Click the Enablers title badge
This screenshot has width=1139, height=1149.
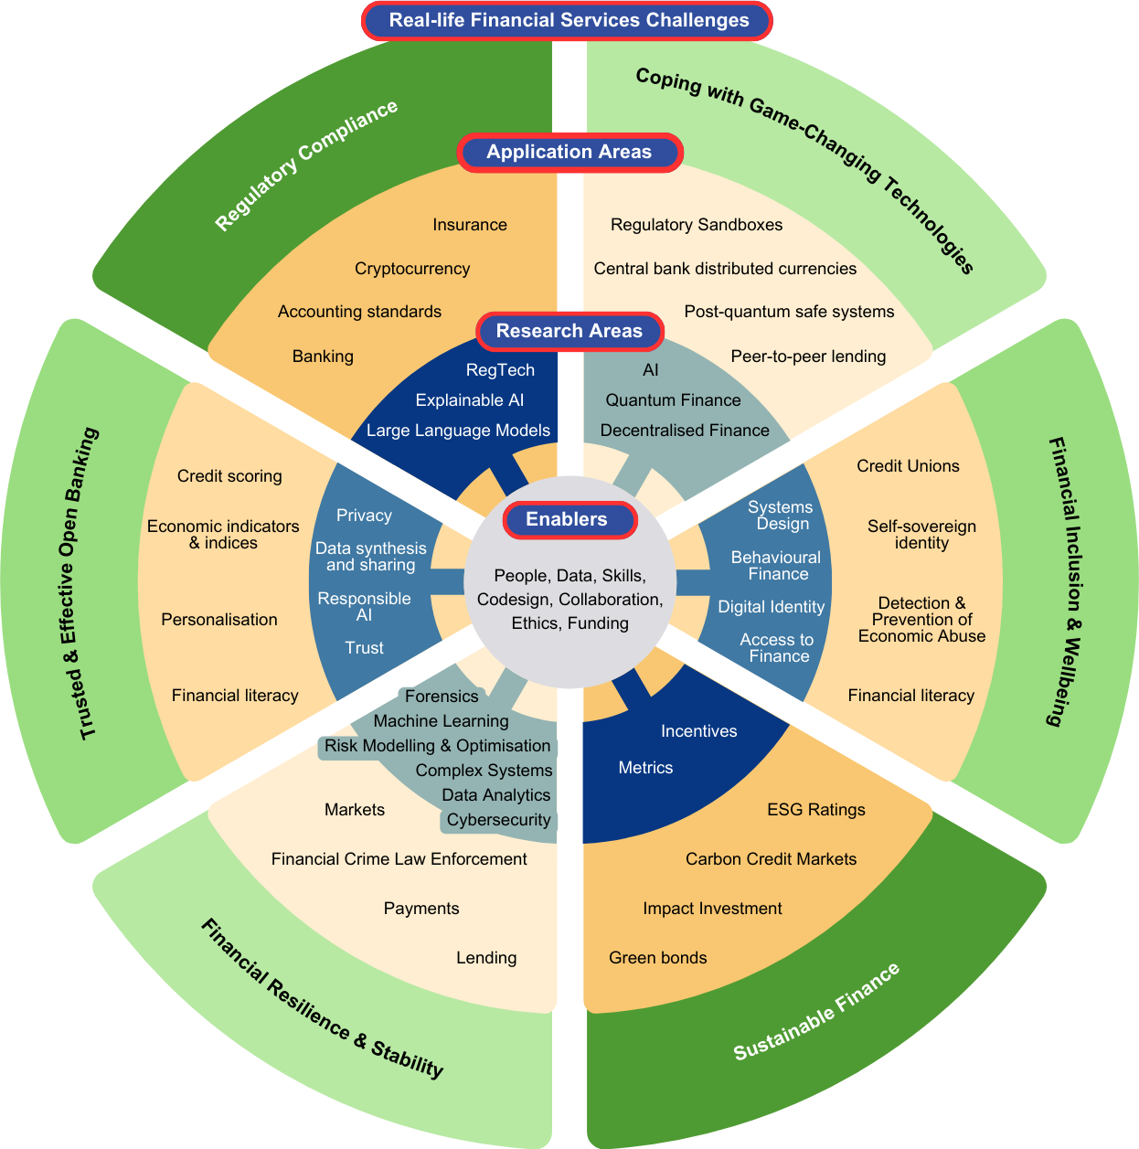point(568,519)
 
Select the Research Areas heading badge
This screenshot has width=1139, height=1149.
point(569,331)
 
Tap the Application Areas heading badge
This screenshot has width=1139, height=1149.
point(569,152)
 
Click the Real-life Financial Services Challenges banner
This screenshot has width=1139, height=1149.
point(568,20)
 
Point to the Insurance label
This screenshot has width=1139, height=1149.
point(470,225)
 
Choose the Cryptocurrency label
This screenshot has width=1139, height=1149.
point(412,269)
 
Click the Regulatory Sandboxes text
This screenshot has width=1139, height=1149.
point(697,225)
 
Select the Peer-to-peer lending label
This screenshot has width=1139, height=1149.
point(808,356)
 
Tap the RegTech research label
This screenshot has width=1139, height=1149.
point(500,370)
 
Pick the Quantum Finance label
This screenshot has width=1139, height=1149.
point(673,400)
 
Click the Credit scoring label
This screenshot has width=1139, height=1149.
point(229,476)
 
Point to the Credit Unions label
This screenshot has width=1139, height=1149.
point(908,466)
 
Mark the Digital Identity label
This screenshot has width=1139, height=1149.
point(771,607)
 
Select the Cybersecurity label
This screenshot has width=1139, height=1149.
point(498,820)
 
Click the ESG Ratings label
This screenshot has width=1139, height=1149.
point(816,810)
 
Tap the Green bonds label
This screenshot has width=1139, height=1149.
point(658,958)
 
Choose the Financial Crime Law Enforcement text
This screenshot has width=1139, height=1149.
point(399,859)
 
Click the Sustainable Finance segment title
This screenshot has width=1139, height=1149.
point(816,1012)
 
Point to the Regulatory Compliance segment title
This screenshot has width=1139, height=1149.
point(306,165)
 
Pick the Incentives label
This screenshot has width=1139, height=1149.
point(698,731)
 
